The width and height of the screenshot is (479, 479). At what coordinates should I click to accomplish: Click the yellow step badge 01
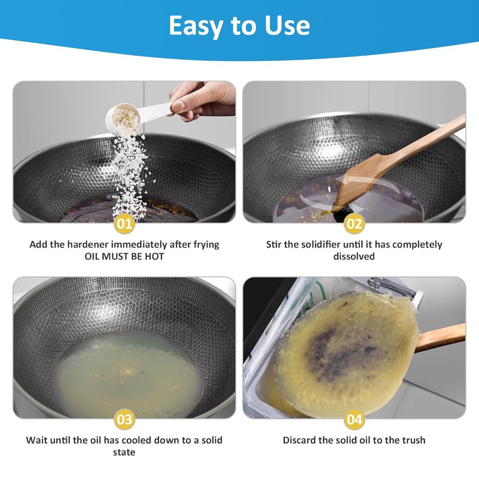pyautogui.click(x=124, y=224)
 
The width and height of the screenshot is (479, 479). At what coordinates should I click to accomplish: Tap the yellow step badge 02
pyautogui.click(x=354, y=224)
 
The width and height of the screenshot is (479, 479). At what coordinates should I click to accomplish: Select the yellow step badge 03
pyautogui.click(x=124, y=419)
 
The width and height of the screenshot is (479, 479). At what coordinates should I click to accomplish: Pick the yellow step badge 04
pyautogui.click(x=354, y=419)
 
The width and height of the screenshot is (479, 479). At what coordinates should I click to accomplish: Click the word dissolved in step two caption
pyautogui.click(x=354, y=256)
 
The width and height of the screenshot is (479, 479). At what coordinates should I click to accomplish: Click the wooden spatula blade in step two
pyautogui.click(x=356, y=182)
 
